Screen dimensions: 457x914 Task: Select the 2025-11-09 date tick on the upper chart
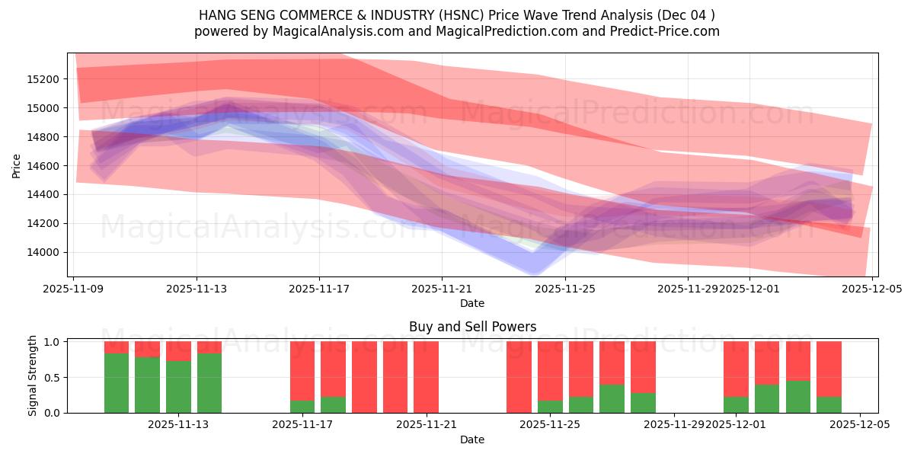pos(74,289)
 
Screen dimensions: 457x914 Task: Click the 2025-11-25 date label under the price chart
pos(565,289)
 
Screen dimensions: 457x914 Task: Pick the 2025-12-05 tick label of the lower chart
pos(860,425)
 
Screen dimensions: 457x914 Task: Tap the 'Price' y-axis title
pos(17,166)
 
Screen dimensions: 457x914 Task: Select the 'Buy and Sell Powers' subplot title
pos(472,327)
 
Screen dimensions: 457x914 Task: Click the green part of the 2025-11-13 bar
pos(178,387)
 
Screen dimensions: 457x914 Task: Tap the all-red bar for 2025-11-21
pos(426,377)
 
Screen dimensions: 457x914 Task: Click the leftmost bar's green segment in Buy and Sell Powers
pos(117,383)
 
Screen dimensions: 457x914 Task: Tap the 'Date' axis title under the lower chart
pos(472,439)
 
